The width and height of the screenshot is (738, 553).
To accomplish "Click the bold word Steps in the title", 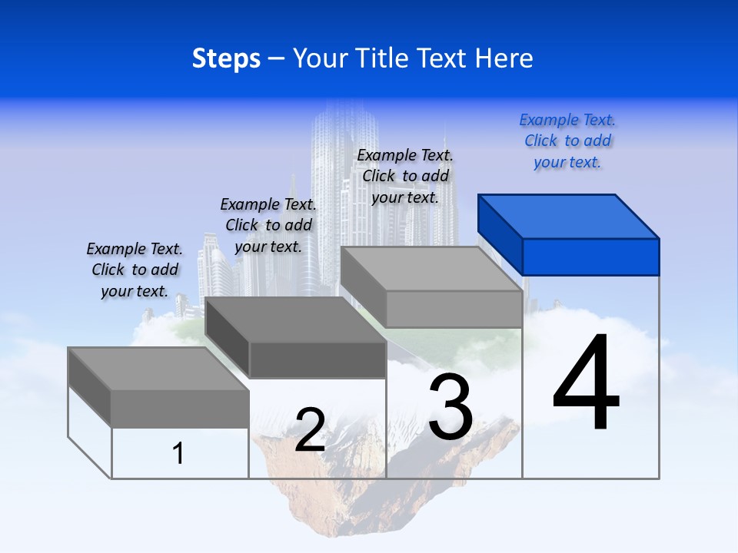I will pyautogui.click(x=226, y=59).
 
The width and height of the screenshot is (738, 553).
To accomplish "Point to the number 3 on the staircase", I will pyautogui.click(x=450, y=407).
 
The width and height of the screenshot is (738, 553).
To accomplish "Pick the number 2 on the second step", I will pyautogui.click(x=310, y=430).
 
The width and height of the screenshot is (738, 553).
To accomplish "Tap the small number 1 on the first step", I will pyautogui.click(x=178, y=453).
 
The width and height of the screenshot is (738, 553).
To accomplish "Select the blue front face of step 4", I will pyautogui.click(x=590, y=257).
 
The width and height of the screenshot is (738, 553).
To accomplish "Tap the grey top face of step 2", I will pyautogui.click(x=296, y=320).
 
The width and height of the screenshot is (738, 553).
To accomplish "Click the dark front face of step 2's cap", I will pyautogui.click(x=317, y=359).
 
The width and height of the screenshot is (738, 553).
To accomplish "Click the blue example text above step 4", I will pyautogui.click(x=567, y=141).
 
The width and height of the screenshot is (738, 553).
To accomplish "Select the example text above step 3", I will pyautogui.click(x=405, y=176).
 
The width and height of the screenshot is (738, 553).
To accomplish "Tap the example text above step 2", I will pyautogui.click(x=268, y=225).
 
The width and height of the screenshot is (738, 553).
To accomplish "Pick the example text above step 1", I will pyautogui.click(x=135, y=270).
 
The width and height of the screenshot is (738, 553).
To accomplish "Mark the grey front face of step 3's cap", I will pyautogui.click(x=454, y=309).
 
